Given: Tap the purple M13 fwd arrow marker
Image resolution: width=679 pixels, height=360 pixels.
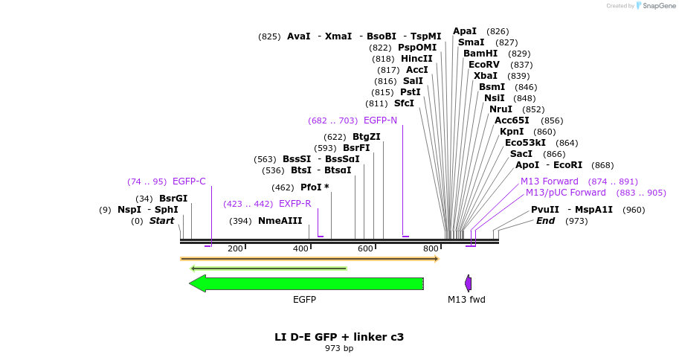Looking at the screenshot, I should pos(469,283).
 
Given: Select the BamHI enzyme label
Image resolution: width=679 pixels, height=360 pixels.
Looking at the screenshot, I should pos(480,54).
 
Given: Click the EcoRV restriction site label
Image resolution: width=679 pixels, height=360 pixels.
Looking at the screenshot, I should pos(483,65).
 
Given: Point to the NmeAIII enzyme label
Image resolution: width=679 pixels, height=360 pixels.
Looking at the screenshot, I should pos(280,221).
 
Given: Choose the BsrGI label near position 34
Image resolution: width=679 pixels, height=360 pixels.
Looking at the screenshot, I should pos(173,199).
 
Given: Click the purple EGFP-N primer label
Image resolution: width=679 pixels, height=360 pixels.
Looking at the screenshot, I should pos(380,120).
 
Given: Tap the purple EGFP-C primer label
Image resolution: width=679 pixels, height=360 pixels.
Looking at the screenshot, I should pos(189,181).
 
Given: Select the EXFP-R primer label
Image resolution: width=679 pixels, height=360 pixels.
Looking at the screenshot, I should pos(295,204).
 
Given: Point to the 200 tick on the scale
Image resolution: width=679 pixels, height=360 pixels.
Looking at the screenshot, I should pos(235,248).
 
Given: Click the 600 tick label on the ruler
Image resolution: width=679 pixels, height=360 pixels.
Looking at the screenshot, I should pos(365,248).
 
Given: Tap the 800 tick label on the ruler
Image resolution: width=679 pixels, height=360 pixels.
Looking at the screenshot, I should pos(431,248).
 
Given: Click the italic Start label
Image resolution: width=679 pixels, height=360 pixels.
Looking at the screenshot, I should pos(161,221).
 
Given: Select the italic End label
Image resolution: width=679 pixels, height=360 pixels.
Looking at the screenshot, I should pos(545,221).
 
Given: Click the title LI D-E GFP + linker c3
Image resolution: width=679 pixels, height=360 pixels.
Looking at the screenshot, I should pos(339,337).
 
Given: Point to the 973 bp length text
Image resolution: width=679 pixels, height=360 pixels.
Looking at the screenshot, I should pos(339,348).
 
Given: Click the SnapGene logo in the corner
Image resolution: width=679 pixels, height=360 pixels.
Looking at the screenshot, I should pos(653,6).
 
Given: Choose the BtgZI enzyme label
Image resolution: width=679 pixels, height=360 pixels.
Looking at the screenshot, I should pos(366,137).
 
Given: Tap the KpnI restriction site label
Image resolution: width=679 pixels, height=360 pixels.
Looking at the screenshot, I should pos(512,132).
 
